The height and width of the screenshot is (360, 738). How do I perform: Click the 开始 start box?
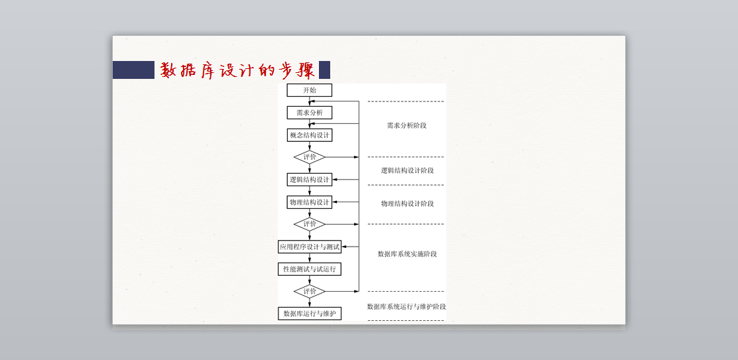coord(309,90)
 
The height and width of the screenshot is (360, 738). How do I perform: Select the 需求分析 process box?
coord(309,113)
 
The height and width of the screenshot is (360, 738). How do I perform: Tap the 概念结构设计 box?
coord(309,135)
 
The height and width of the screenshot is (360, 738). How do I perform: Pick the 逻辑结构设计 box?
coord(309,180)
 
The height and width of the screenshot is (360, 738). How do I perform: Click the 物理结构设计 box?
coord(309,202)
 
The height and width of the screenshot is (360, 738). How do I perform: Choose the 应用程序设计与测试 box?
coord(309,247)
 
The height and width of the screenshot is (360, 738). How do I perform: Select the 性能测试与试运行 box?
coord(309,269)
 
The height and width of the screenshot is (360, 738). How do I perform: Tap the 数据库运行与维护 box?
coord(309,314)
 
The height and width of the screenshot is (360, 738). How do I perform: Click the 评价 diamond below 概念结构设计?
coord(310,157)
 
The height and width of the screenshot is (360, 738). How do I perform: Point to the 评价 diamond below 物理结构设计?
coord(310,224)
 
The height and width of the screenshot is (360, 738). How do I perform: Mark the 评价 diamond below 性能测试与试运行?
coord(310,291)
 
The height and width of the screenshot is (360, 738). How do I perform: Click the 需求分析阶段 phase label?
coord(406,125)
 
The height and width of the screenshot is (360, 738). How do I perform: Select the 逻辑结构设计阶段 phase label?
coord(407,170)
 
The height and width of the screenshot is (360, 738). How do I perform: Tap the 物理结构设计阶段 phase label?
coord(407,204)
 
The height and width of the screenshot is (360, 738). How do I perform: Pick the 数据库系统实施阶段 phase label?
coord(407,254)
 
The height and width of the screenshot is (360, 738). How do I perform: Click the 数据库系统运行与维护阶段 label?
coord(406,306)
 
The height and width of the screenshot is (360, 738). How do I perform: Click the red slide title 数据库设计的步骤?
coord(237,70)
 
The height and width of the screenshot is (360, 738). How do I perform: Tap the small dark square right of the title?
coord(324,70)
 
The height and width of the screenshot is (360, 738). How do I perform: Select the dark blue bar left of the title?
coord(133,70)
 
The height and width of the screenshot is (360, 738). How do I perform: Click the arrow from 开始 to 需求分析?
coord(310,101)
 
